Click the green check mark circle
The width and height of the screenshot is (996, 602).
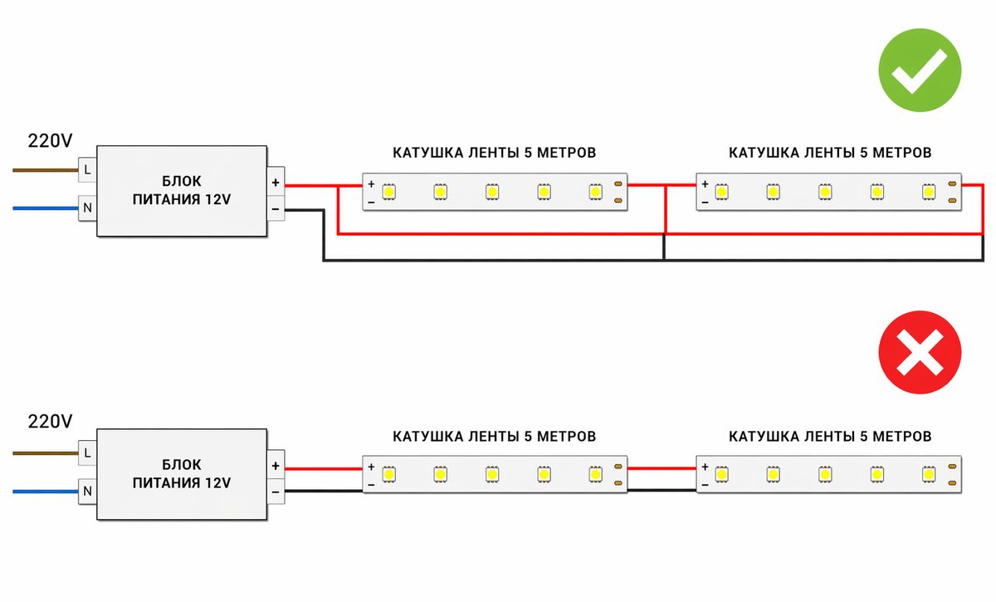pos(920,70)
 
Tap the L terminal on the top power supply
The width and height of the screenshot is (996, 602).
pos(87,170)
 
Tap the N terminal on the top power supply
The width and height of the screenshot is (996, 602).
pos(87,208)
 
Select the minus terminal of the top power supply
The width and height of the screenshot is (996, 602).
pos(276,208)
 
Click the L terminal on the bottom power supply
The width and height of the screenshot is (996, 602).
pos(87,453)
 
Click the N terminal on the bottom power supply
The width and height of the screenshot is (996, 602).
pos(87,491)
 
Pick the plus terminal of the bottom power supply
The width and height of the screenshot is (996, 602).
pos(276,466)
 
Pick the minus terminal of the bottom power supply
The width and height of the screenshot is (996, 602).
pos(276,492)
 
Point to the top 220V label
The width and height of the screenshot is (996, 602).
pos(51,140)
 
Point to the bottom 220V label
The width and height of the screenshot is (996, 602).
pos(51,422)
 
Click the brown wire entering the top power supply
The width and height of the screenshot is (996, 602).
pos(46,170)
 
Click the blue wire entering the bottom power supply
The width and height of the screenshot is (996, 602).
pos(46,491)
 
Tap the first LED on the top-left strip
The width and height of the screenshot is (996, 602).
pos(388,192)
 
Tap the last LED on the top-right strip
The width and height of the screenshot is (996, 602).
pos(928,192)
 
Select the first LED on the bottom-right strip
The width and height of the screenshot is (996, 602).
pos(721,474)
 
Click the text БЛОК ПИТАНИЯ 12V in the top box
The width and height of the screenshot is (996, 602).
pos(182,190)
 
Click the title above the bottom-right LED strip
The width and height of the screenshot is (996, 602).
pos(830,436)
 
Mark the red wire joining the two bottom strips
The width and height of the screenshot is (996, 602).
pos(662,468)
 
